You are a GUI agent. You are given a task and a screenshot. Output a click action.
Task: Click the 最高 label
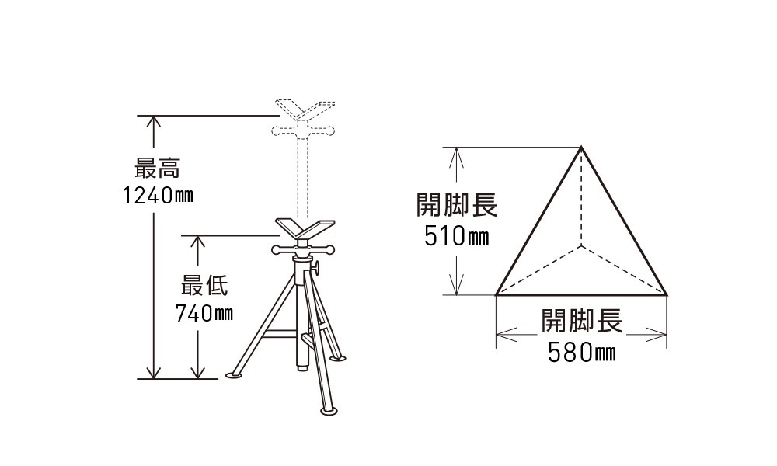pyautogui.click(x=157, y=168)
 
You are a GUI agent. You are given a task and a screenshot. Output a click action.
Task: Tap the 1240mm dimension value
pyautogui.click(x=158, y=195)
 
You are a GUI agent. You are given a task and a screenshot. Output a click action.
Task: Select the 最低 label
pyautogui.click(x=204, y=286)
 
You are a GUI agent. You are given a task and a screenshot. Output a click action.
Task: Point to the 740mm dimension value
pyautogui.click(x=204, y=313)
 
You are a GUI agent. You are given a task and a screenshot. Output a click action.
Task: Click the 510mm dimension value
pyautogui.click(x=456, y=236)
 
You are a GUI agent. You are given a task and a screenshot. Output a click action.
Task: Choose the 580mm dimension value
pyautogui.click(x=581, y=353)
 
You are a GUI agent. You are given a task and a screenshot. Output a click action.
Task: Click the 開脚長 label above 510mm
pyautogui.click(x=457, y=204)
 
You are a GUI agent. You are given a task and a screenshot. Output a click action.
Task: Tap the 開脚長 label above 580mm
pyautogui.click(x=581, y=321)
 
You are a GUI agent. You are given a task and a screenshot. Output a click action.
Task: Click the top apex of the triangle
pyautogui.click(x=581, y=147)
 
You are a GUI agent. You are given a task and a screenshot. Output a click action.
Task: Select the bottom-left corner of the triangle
pyautogui.click(x=496, y=294)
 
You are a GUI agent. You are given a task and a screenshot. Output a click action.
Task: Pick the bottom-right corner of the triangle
pyautogui.click(x=667, y=294)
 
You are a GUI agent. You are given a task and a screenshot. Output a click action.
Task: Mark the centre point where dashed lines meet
pyautogui.click(x=581, y=245)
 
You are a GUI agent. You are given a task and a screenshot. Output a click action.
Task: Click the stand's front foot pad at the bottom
pyautogui.click(x=328, y=411)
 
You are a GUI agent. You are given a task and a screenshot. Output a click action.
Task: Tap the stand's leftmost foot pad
pyautogui.click(x=234, y=375)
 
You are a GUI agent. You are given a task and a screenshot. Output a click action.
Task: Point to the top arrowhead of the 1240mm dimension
pyautogui.click(x=154, y=121)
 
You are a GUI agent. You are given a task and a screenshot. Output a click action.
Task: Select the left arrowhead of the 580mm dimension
pyautogui.click(x=503, y=335)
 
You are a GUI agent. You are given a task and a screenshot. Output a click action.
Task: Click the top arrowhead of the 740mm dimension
pyautogui.click(x=197, y=242)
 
